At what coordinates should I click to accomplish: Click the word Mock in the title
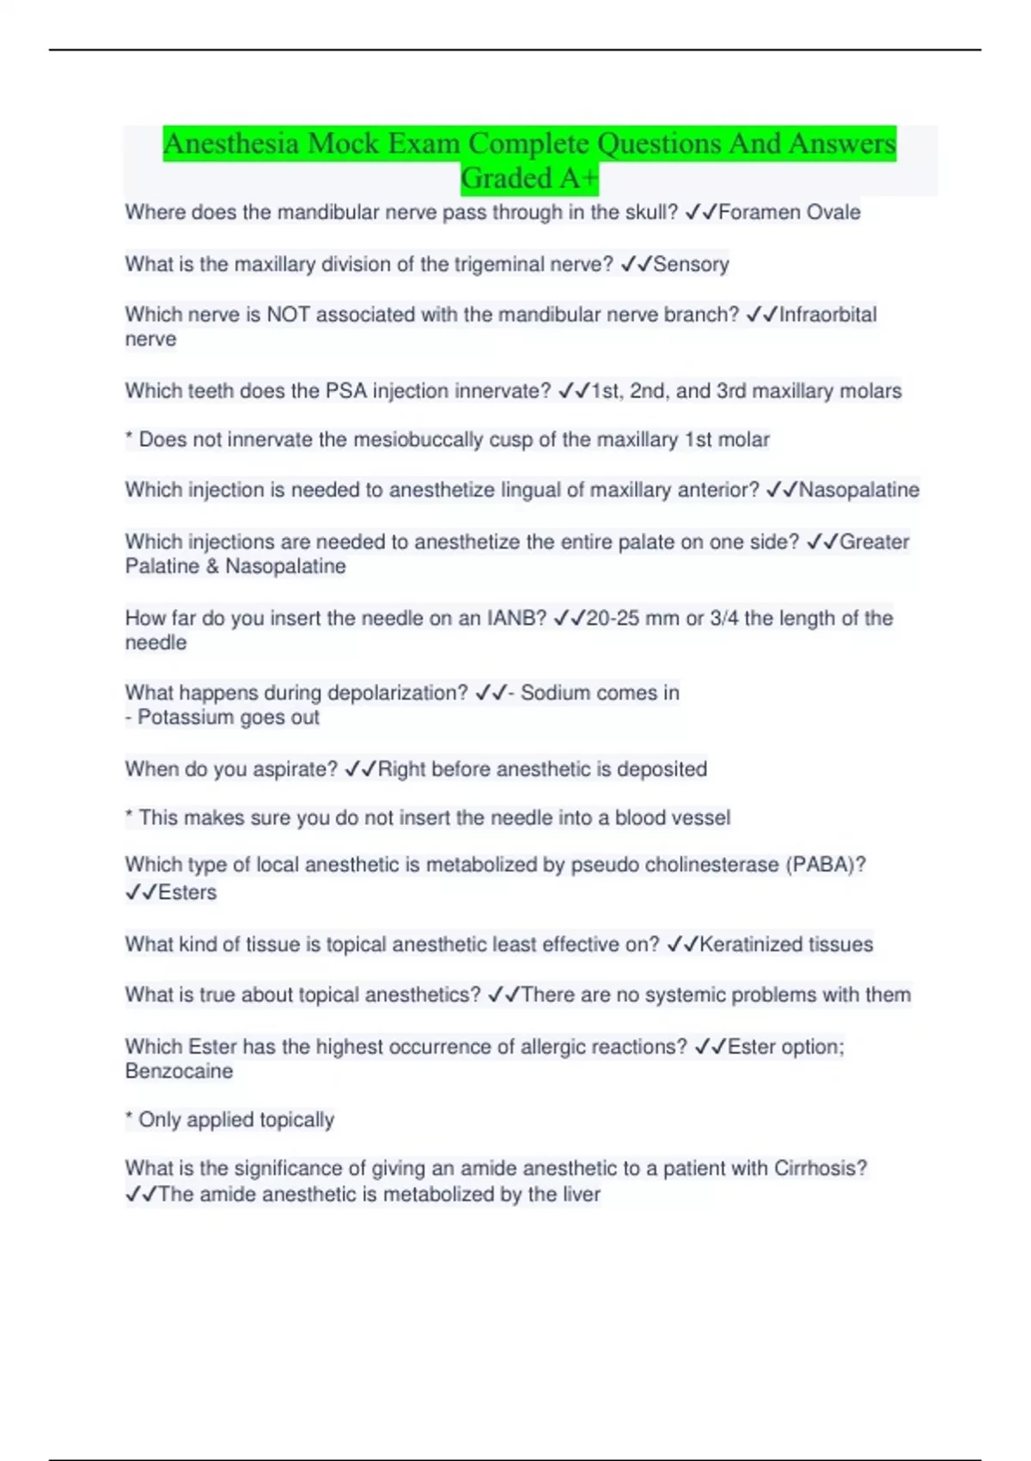tap(343, 144)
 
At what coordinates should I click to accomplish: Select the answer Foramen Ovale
tap(789, 212)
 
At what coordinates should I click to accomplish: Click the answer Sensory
tap(691, 264)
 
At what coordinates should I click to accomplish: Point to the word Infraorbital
tap(827, 315)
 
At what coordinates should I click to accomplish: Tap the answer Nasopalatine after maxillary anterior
tap(858, 490)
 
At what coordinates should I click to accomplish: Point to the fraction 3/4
tap(723, 618)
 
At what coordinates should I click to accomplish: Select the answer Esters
tap(187, 892)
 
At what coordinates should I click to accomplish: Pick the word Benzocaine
tap(179, 1072)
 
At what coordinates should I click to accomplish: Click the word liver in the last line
tap(581, 1195)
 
